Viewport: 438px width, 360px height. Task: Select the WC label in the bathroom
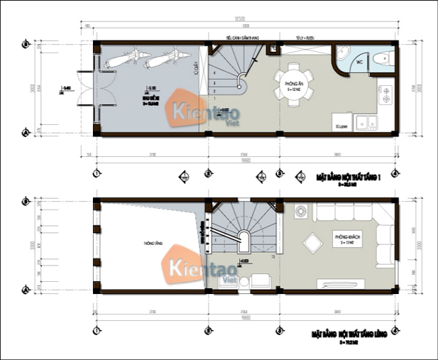(359, 62)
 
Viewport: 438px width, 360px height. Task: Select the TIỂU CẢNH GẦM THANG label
(239, 36)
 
